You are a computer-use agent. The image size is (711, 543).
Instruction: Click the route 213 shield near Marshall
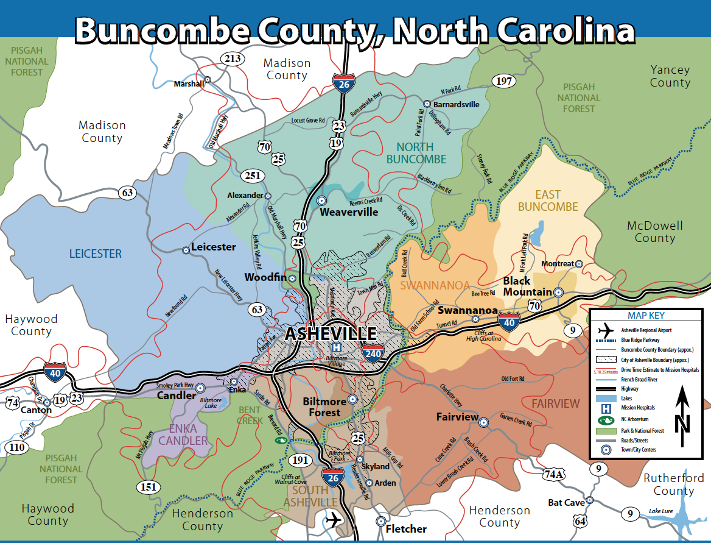coord(232,59)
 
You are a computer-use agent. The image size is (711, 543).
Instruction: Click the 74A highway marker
coord(555,474)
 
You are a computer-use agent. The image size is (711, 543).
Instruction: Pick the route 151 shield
coord(150,486)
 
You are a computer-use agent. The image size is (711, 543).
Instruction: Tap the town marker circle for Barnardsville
coord(427,104)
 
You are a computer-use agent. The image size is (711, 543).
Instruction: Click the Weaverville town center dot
coord(322,201)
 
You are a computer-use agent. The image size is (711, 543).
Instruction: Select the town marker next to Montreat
coord(579,264)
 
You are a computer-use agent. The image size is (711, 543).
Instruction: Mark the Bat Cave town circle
coord(590,502)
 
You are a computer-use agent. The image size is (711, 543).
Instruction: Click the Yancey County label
coord(670,76)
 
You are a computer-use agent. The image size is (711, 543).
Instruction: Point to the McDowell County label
coord(654,232)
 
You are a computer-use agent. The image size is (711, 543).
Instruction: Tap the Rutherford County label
coord(674,484)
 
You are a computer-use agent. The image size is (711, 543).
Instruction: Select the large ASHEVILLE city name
coord(331,334)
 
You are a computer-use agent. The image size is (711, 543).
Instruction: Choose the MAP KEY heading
coord(646,316)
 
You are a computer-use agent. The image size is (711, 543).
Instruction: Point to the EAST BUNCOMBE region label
coord(548,201)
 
